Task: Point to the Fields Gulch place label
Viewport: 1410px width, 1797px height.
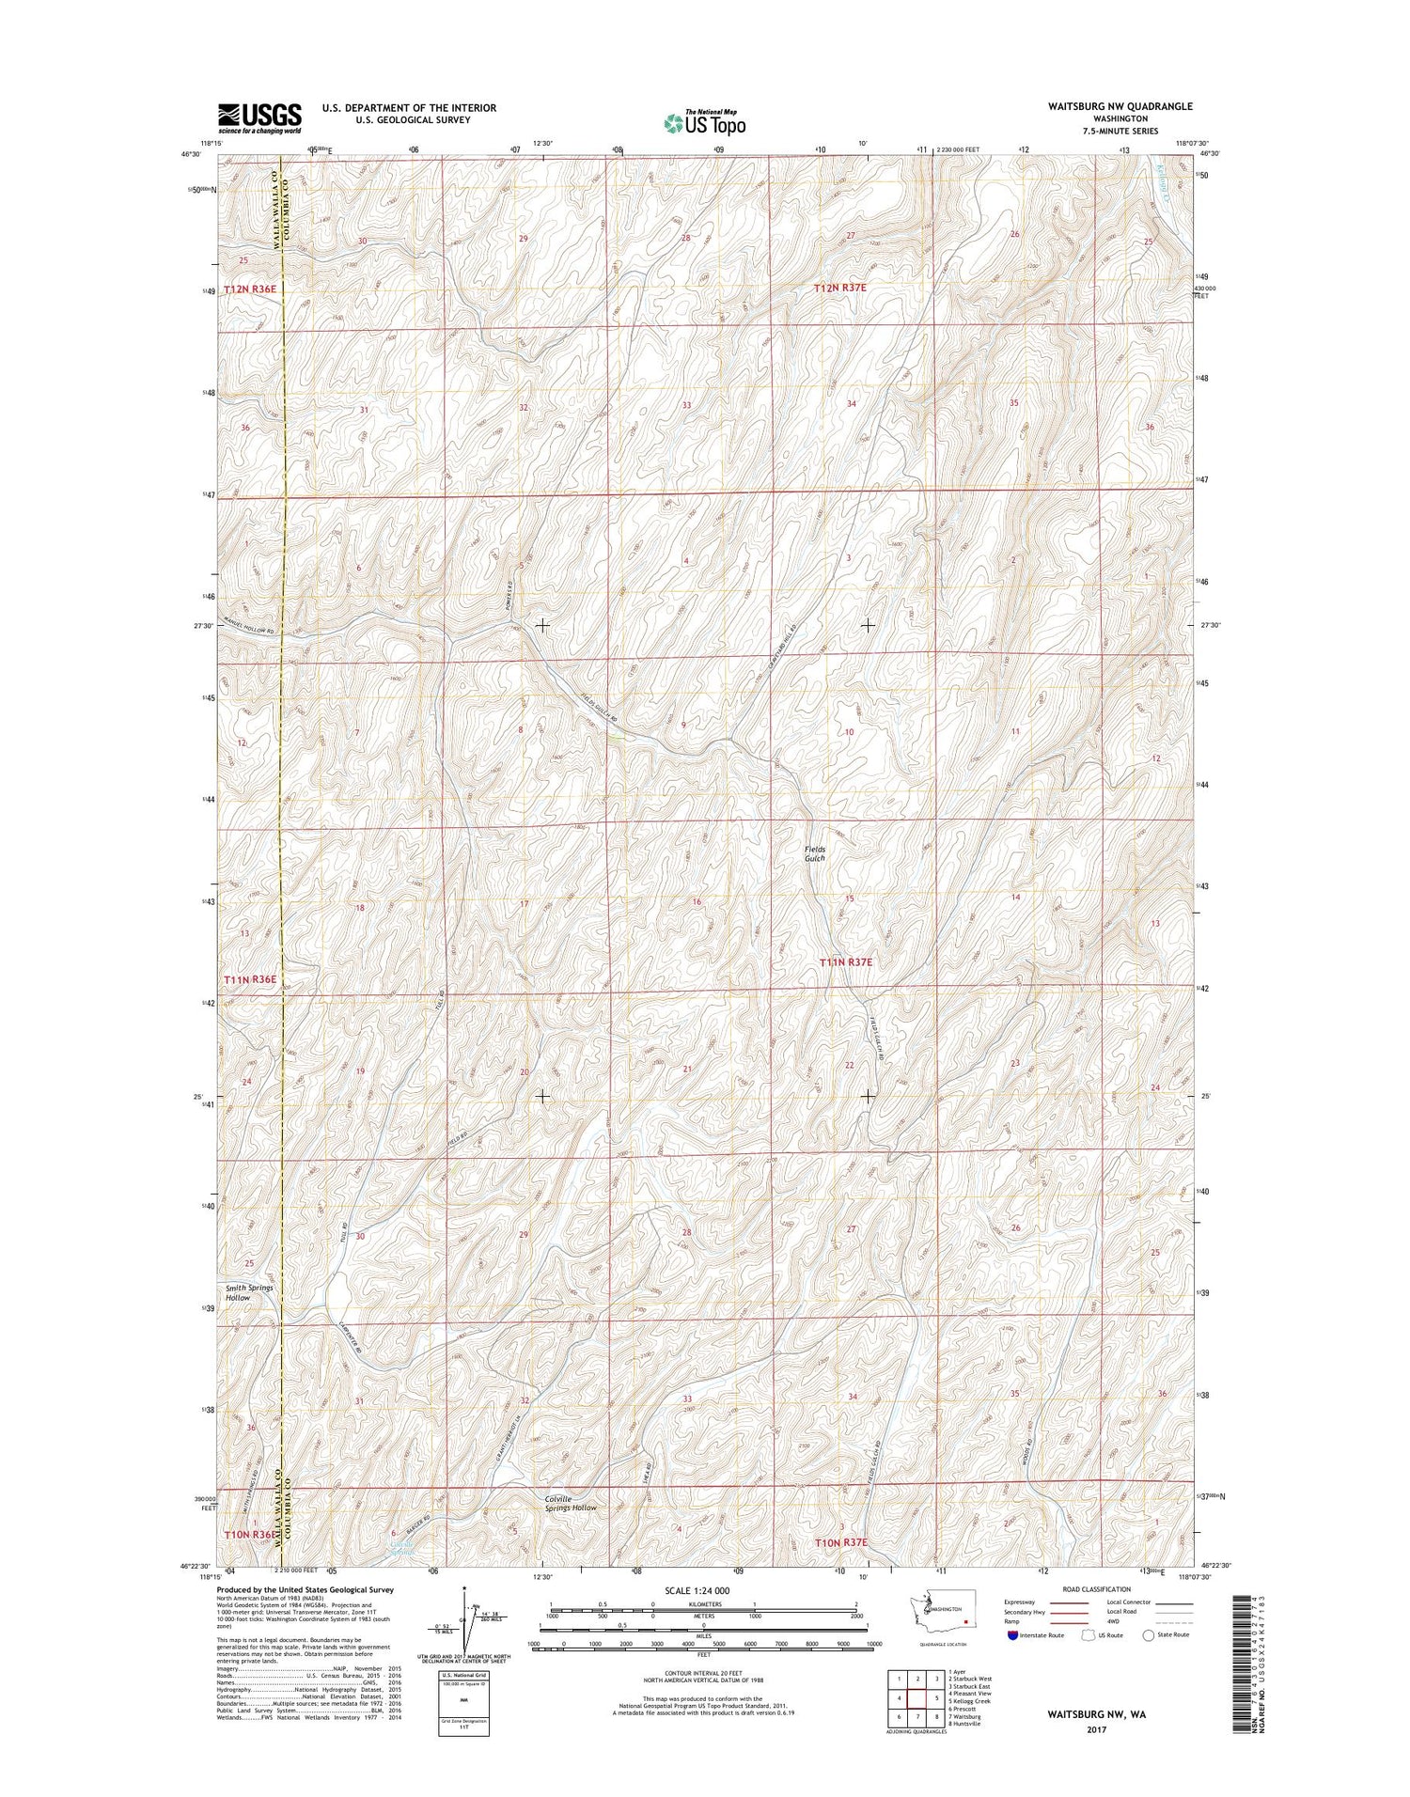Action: point(814,853)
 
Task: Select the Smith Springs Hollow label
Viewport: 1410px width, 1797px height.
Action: point(250,1292)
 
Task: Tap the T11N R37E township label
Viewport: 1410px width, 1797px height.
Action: point(846,962)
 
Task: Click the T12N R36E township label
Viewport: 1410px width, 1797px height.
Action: point(250,289)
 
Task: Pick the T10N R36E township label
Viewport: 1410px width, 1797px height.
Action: point(250,1535)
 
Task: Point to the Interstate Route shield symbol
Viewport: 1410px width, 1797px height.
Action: point(1012,1636)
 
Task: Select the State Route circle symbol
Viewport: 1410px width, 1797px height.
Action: point(1148,1636)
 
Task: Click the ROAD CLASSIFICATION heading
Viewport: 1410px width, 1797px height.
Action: point(1097,1589)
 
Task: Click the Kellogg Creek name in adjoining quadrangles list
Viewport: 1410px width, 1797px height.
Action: point(971,1702)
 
